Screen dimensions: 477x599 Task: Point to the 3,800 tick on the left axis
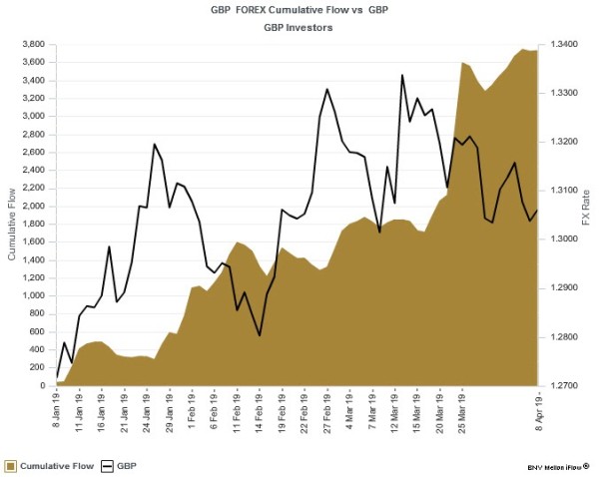coord(33,44)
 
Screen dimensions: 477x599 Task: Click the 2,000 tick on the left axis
coord(33,206)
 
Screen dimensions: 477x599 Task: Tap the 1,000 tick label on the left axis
coord(33,295)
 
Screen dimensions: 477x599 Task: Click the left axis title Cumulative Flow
coord(11,215)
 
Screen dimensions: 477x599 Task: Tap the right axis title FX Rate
coord(588,215)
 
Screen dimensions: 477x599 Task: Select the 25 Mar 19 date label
coord(461,412)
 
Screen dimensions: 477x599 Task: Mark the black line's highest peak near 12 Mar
coord(402,75)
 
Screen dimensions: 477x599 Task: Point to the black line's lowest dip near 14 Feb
coord(260,335)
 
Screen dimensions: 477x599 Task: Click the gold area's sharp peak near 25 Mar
coord(461,62)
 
